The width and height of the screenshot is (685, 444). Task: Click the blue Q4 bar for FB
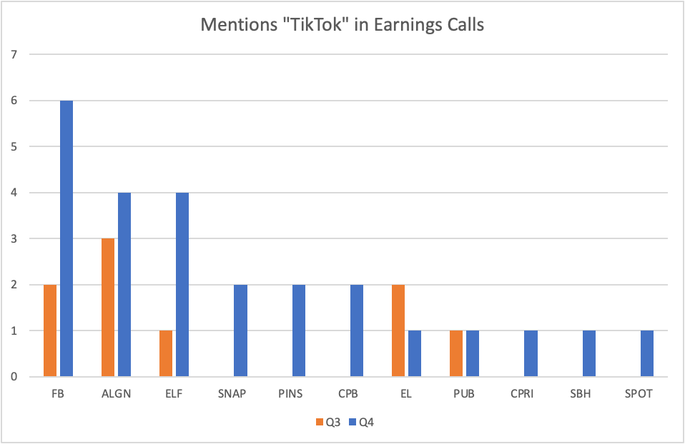click(66, 238)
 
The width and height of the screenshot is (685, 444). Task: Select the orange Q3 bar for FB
click(50, 331)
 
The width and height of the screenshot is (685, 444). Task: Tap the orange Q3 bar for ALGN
click(108, 308)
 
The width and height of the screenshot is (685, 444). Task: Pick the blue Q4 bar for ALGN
click(124, 285)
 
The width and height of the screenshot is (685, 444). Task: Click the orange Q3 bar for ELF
click(166, 353)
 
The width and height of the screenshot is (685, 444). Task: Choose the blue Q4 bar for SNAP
click(240, 331)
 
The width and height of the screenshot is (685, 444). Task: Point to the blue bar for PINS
click(298, 331)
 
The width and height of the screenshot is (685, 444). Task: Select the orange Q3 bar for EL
click(398, 331)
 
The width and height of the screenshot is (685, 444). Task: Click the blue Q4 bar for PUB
click(472, 353)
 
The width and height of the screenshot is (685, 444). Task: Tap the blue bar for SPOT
click(646, 353)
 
